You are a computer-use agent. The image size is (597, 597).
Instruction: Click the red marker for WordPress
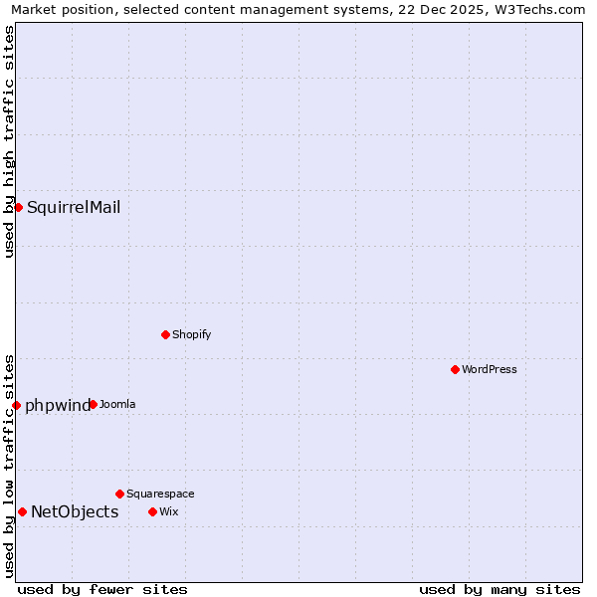click(455, 369)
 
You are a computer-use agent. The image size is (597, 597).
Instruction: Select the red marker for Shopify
click(165, 334)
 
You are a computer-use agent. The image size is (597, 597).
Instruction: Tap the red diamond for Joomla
click(93, 404)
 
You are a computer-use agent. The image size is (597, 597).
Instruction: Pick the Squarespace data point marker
click(119, 494)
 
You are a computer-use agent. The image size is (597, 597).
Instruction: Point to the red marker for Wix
click(152, 511)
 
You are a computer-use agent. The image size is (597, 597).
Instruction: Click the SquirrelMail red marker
click(18, 207)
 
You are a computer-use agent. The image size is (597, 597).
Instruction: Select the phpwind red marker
click(16, 405)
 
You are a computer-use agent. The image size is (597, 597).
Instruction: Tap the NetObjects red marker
click(22, 511)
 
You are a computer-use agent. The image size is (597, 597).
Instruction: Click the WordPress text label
click(490, 369)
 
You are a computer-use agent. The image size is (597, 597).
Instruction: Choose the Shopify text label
click(191, 334)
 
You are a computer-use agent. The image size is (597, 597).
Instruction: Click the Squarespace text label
click(160, 494)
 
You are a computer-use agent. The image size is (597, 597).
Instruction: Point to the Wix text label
click(168, 511)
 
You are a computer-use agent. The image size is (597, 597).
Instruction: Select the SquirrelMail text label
click(74, 207)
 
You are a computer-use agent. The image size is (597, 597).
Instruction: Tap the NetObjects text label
click(75, 512)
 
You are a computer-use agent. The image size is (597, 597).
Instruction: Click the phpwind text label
click(57, 405)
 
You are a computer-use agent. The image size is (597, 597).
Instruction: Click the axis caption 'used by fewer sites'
click(102, 589)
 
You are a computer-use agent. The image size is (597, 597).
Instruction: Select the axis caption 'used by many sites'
click(499, 589)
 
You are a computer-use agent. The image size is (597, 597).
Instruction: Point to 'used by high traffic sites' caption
click(9, 141)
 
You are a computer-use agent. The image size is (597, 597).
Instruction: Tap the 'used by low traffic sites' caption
click(9, 466)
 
